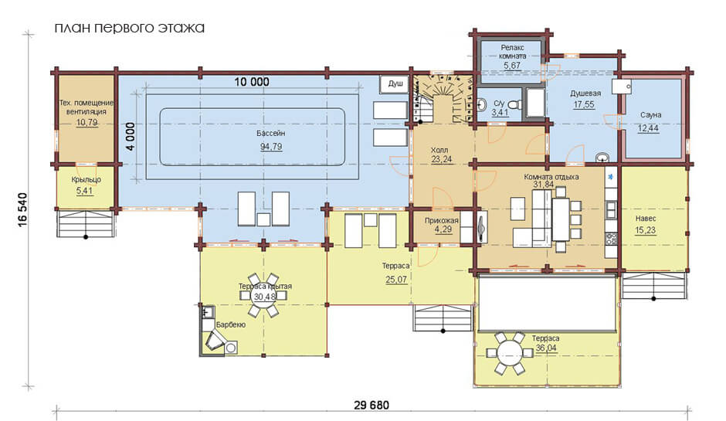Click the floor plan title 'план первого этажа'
coord(130,28)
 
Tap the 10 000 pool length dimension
coord(252,82)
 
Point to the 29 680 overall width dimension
coord(371,406)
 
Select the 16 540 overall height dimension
coord(23,210)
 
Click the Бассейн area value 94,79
coord(271,147)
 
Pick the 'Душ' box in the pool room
coord(395,84)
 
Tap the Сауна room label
coord(650,115)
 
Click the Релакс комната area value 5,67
coord(512,66)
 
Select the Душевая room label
coord(585,93)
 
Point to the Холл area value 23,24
coord(441,159)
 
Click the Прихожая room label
coord(442,221)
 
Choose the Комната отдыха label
coord(551,177)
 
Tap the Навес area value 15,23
coord(646,230)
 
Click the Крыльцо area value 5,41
coord(85,190)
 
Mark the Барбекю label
coord(231,325)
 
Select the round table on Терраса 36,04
coord(507,353)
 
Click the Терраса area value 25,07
coord(396,280)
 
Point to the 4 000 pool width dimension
coord(131,137)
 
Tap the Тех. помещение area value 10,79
coord(87,123)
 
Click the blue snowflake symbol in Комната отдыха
coord(611,176)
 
